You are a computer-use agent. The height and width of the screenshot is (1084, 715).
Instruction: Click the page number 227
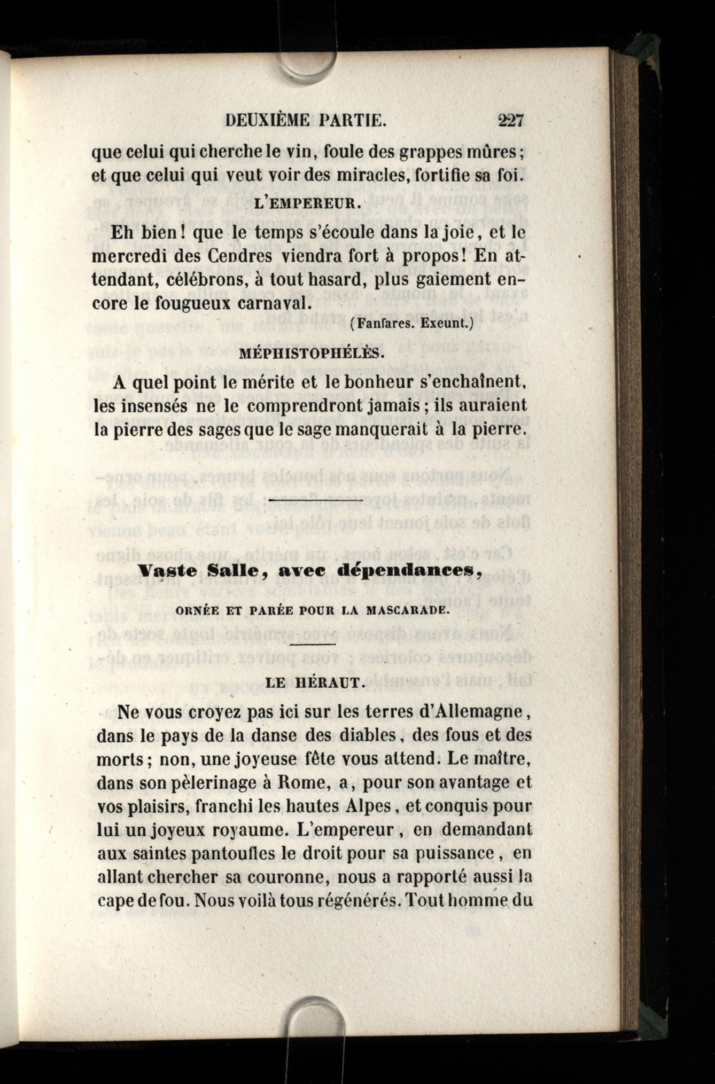pos(511,120)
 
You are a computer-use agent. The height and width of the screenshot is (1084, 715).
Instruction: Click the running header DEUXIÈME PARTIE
pos(305,121)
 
